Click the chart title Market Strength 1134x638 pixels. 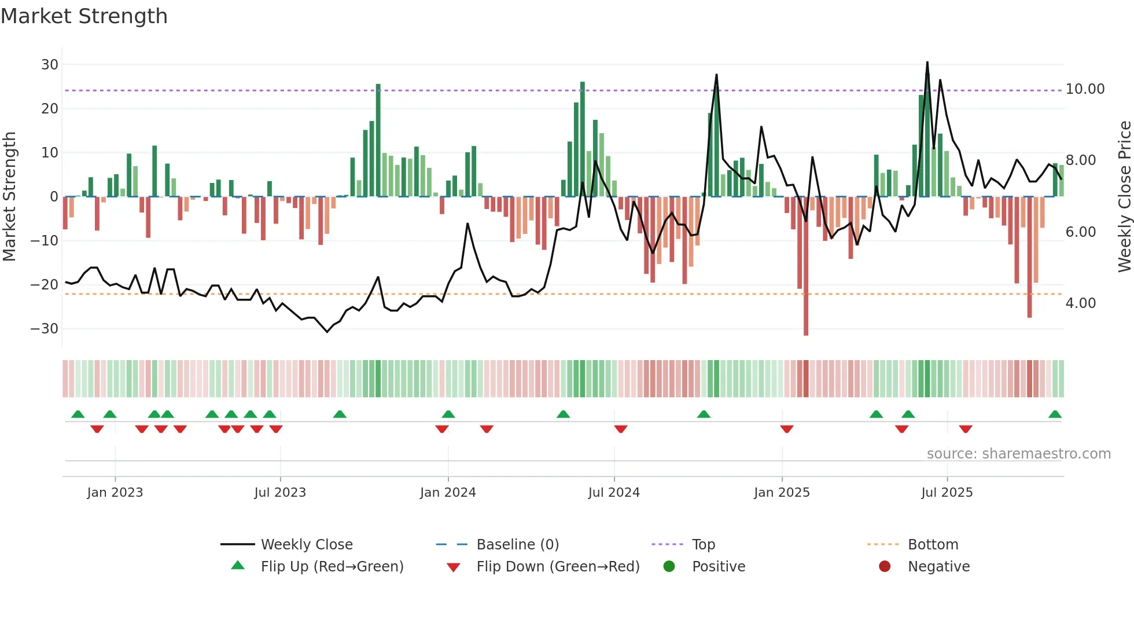pos(84,16)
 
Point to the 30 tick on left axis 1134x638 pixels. pos(50,65)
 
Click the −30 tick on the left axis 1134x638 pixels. pos(45,329)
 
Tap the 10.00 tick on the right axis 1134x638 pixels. pos(1085,89)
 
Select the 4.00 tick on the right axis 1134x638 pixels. pos(1080,303)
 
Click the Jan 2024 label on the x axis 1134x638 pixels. pos(448,493)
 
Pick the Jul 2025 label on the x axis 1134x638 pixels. pos(947,493)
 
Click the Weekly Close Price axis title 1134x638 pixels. pos(1124,197)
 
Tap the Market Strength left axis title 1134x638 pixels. pos(9,197)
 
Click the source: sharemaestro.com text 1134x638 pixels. pos(1018,454)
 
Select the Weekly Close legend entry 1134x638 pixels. pos(307,545)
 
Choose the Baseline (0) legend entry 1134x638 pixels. pos(517,545)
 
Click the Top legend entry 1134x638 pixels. pos(704,545)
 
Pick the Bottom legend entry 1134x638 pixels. pos(933,545)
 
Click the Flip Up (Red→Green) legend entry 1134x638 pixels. pos(332,567)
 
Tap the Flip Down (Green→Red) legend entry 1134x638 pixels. pos(558,567)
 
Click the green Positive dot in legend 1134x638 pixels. pos(669,567)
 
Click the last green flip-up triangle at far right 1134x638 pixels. pos(1055,415)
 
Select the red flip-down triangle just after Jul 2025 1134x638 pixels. pos(965,429)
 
